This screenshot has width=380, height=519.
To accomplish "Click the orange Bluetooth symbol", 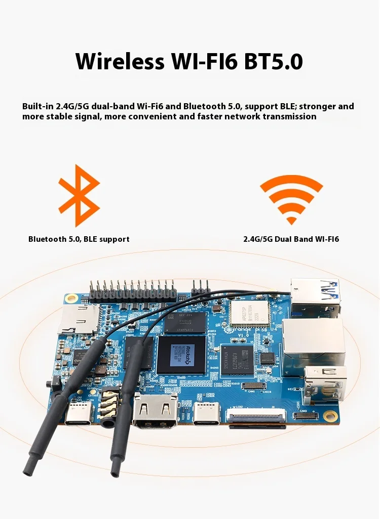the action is coord(79,195).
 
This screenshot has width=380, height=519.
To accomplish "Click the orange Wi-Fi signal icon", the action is coord(291,199).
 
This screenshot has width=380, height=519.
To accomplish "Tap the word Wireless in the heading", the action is coord(119,61).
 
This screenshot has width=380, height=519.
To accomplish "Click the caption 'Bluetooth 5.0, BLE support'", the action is coord(79,239).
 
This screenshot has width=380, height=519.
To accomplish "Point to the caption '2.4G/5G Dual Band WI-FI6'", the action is coord(291,239).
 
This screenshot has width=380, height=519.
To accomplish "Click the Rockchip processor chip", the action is coord(181,354).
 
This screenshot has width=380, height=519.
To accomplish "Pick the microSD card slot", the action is coord(79,318).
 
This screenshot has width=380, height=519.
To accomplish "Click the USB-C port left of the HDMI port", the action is coord(78,413).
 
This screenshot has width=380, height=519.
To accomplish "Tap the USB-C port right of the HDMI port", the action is coord(207,413).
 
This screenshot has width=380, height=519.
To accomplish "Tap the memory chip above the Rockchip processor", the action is coord(185,322).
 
